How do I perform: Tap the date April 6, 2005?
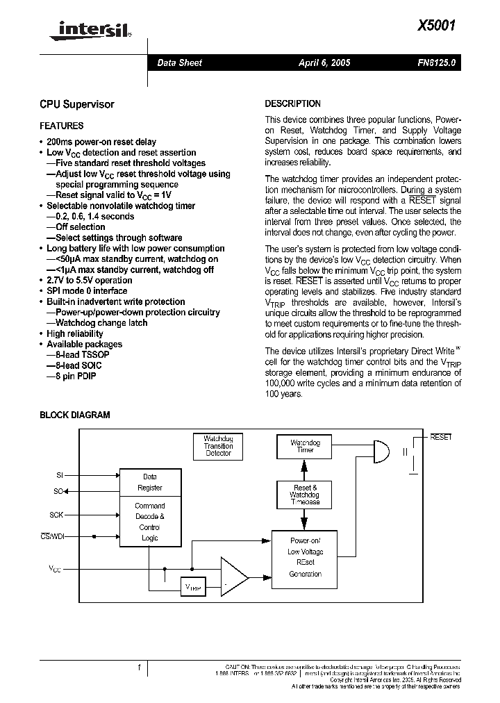point(324,63)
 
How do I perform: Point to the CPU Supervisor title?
point(76,104)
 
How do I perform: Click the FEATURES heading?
point(62,126)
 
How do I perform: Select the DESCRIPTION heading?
point(292,104)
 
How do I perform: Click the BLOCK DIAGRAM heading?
point(74,415)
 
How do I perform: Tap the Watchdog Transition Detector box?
point(218,446)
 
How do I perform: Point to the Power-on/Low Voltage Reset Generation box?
point(305,557)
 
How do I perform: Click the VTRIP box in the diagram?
point(192,586)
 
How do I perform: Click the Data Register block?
point(150,481)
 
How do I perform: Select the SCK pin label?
point(56,515)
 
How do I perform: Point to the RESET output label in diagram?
point(440,437)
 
